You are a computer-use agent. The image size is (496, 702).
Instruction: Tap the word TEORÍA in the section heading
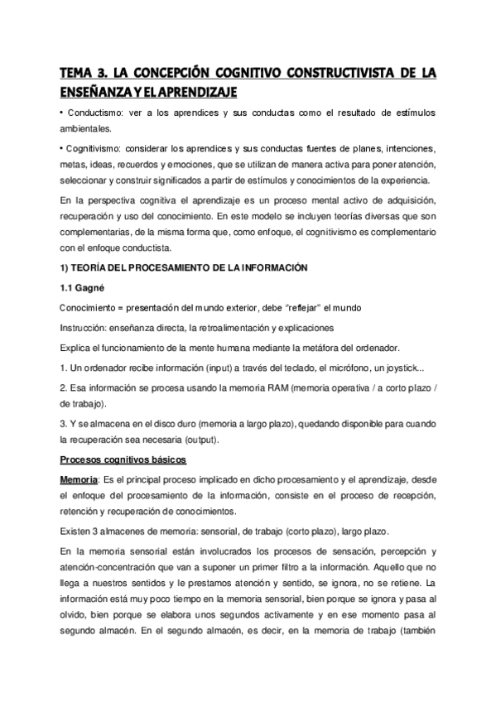click(x=94, y=267)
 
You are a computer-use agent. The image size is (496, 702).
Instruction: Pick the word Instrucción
click(x=85, y=326)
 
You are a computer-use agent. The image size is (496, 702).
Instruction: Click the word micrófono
click(x=349, y=367)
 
